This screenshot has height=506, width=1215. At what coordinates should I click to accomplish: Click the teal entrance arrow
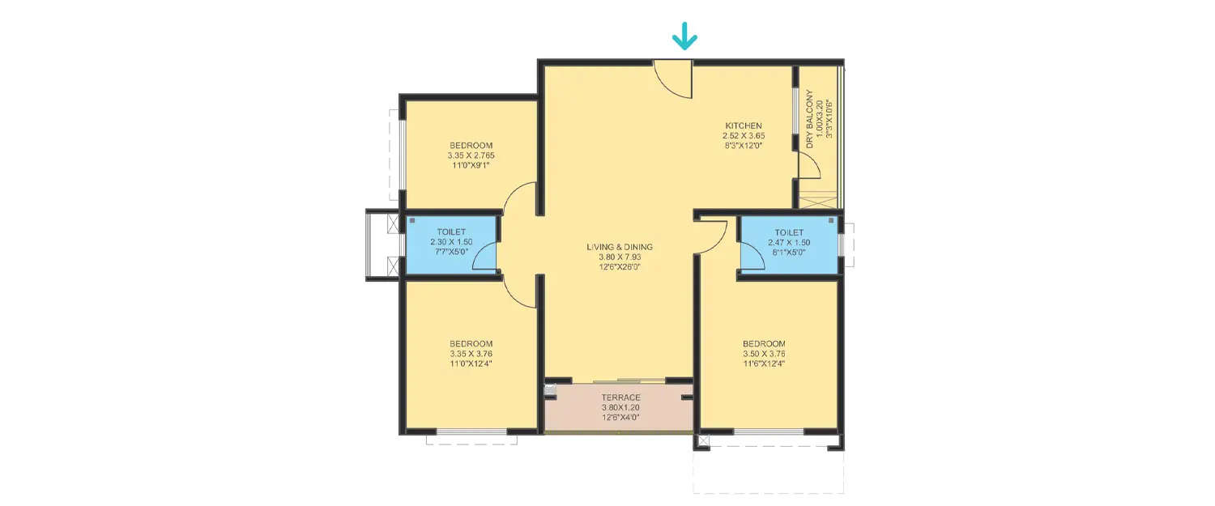tap(684, 36)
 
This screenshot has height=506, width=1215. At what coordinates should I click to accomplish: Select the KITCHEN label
tap(743, 125)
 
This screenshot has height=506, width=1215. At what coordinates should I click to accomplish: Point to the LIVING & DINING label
tap(620, 247)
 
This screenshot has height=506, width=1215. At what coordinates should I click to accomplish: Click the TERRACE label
tap(620, 398)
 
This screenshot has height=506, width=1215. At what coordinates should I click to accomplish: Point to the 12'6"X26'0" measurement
tap(620, 268)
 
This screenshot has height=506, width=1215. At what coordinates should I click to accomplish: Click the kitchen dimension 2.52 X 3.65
tap(744, 136)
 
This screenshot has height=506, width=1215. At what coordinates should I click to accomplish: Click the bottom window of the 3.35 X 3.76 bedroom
tap(471, 432)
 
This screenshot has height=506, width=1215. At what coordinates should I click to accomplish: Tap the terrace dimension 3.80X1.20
tap(620, 407)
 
